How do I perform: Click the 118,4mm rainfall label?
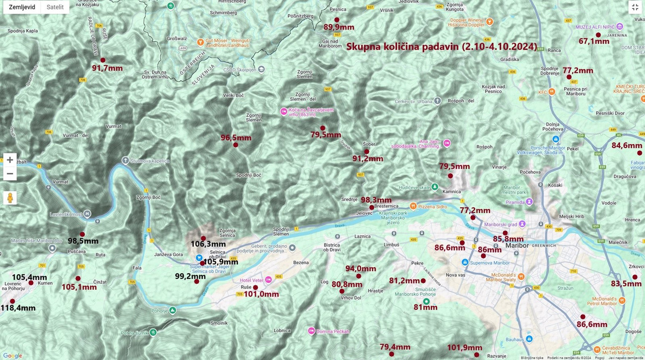tap(18, 308)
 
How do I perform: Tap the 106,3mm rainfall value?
tap(208, 245)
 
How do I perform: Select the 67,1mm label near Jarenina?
tap(594, 41)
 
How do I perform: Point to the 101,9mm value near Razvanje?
tap(465, 348)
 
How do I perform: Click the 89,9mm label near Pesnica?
tap(339, 27)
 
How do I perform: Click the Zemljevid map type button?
tap(22, 7)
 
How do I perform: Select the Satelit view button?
tap(55, 7)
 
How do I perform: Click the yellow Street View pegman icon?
tap(10, 198)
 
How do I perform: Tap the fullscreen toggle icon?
tap(635, 7)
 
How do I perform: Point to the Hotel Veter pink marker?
tap(268, 280)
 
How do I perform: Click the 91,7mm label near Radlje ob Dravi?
tap(107, 68)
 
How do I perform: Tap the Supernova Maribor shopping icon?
tap(465, 262)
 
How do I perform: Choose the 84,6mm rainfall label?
tap(627, 146)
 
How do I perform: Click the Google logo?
tap(13, 355)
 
